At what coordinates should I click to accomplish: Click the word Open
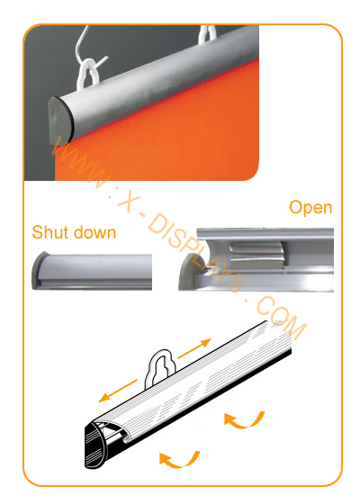click(310, 208)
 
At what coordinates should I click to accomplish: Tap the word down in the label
click(94, 232)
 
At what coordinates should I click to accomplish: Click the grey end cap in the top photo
click(60, 121)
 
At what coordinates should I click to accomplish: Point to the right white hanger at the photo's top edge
click(207, 35)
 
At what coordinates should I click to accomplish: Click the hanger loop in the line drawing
click(161, 366)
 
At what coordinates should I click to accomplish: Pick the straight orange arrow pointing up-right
click(194, 348)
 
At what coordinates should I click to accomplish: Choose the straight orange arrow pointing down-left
click(118, 391)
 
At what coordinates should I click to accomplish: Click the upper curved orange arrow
click(244, 420)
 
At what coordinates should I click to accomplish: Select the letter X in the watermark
click(129, 204)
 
